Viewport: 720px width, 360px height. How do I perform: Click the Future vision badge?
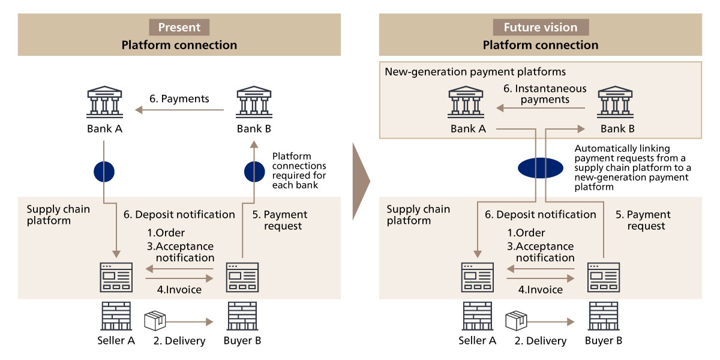pos(541,27)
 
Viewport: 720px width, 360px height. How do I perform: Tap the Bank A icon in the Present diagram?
pos(104,103)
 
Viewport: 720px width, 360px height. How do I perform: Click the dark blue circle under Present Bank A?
pos(104,172)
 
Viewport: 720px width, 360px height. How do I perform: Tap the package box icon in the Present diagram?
pos(155,320)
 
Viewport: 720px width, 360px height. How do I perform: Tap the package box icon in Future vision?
pos(516,320)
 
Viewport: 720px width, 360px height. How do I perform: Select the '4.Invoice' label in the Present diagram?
pos(179,290)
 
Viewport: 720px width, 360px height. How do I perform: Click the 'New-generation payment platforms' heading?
pos(475,72)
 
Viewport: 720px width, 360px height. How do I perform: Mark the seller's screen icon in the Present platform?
pos(116,278)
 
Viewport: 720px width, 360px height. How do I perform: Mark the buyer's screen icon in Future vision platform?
pos(603,278)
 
